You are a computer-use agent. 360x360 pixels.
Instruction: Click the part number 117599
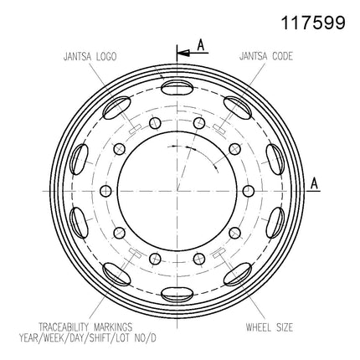coord(313,23)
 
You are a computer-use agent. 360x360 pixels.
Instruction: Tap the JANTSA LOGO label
coord(90,57)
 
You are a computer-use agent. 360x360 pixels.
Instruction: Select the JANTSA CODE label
coord(266,56)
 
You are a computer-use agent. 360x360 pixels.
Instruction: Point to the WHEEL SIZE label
coord(270,327)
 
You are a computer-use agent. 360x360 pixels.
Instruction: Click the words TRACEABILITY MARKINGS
coord(85,327)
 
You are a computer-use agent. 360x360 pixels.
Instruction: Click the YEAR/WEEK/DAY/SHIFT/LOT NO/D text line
coord(88,338)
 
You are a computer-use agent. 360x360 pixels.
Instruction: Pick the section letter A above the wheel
coord(201,45)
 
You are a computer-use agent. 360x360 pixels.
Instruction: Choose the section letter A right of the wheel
coord(314,183)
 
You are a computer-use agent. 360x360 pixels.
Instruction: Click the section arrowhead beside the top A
coord(183,53)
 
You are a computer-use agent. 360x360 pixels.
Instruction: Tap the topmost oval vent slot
coord(177,88)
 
